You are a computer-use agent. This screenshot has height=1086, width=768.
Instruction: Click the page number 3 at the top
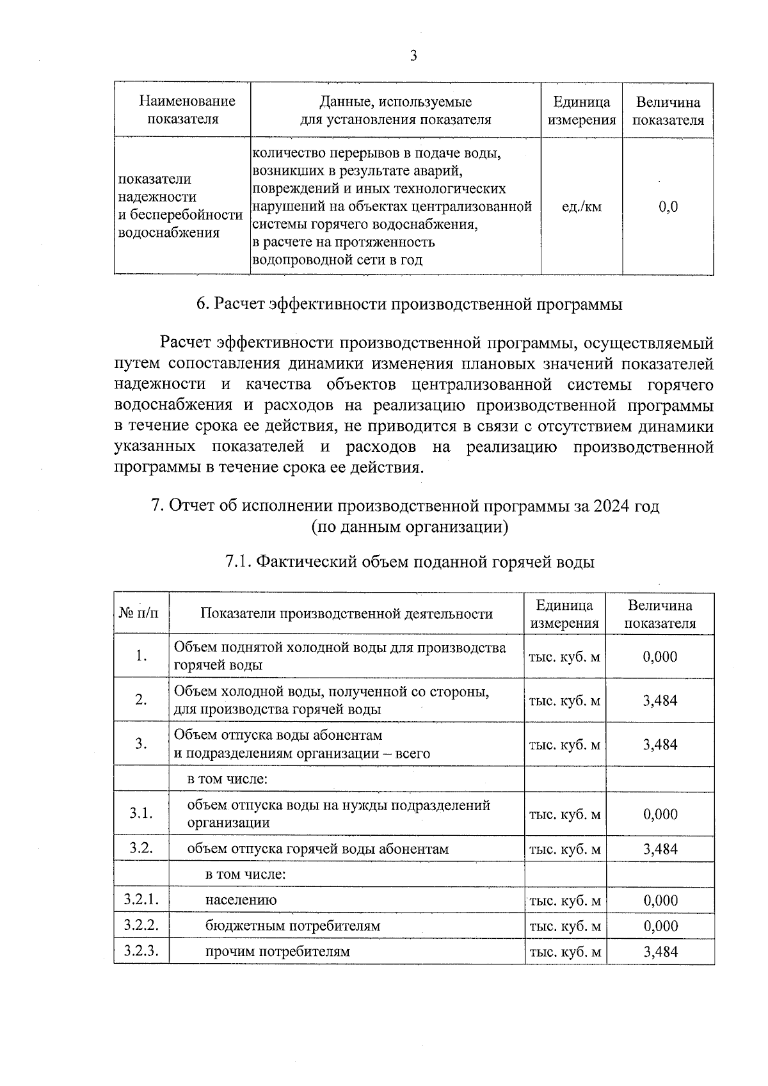point(413,56)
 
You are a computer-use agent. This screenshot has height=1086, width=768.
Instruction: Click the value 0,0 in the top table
point(668,207)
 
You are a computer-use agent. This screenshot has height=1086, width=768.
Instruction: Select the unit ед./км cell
point(581,207)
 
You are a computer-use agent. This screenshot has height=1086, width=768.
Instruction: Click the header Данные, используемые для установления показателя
point(396,110)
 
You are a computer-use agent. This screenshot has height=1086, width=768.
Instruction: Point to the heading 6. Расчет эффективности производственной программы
point(409,304)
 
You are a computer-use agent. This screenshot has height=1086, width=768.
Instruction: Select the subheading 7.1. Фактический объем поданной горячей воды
point(410,562)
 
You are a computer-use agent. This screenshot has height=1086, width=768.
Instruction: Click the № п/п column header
point(140,613)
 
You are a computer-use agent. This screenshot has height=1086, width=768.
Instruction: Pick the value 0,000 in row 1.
point(660,657)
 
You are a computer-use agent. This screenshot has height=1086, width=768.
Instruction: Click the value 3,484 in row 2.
point(660,700)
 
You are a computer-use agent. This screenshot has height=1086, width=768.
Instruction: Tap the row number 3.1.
point(141,813)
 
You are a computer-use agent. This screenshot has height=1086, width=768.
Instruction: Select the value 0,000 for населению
point(660,900)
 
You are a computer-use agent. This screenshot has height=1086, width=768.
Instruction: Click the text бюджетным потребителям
point(292,926)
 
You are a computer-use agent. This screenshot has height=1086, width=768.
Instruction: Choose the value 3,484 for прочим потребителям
point(660,952)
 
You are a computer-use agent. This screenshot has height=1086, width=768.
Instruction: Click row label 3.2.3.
point(141,951)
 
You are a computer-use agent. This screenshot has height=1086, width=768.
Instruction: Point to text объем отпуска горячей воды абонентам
point(317,849)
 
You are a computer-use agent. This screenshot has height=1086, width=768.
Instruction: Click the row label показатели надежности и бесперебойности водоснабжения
point(180,205)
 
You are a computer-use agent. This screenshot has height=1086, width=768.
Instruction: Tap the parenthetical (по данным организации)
point(410,527)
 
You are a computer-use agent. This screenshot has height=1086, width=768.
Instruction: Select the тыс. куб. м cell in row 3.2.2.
point(564,926)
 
